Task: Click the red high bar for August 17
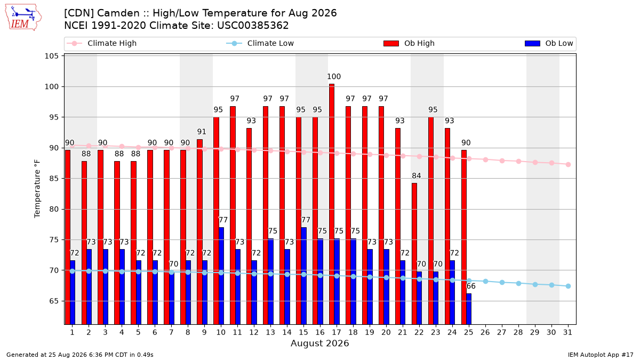pos(332,204)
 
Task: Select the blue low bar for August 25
pos(469,309)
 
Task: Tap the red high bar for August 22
pos(414,254)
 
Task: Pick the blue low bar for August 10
pos(221,276)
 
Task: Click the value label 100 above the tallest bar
pos(334,77)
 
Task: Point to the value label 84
pos(417,175)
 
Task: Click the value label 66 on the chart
pos(471,286)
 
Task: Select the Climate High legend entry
pos(101,43)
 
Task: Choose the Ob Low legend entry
pos(549,43)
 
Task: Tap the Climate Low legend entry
pos(260,43)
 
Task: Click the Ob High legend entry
pos(409,43)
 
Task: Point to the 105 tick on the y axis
pos(51,56)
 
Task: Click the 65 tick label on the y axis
pos(54,301)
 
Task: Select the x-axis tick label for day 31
pos(567,333)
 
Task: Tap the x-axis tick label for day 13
pos(270,333)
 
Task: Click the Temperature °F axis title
pos(37,189)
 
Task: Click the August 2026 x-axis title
pos(319,343)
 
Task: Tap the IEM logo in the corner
pos(23,18)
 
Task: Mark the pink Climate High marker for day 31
pos(568,165)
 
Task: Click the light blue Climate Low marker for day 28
pos(518,283)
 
